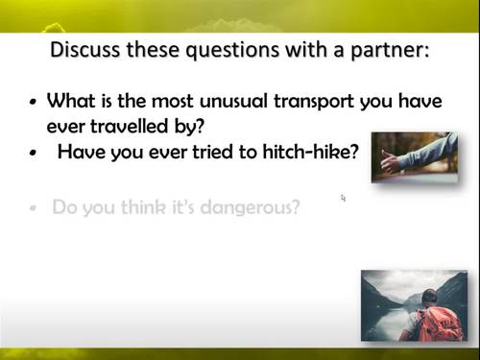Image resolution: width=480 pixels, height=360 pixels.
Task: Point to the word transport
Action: click(x=331, y=101)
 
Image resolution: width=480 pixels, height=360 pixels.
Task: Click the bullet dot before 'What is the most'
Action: click(x=35, y=102)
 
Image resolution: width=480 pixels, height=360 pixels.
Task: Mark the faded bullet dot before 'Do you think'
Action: click(x=35, y=207)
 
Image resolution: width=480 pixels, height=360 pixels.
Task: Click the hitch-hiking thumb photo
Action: click(x=414, y=156)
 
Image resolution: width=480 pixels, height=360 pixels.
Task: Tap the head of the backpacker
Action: click(x=428, y=297)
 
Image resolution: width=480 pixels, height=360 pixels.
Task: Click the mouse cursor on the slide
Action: click(x=343, y=198)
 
